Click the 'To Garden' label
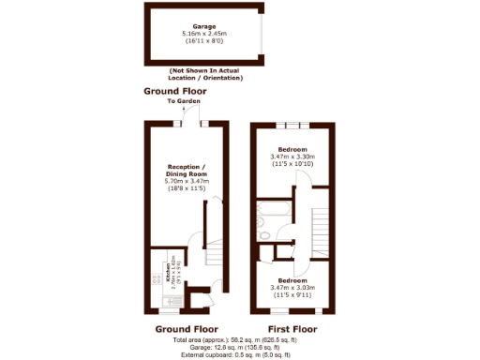(x=179, y=100)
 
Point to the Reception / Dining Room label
(x=178, y=169)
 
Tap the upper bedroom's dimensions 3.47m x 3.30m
(x=292, y=156)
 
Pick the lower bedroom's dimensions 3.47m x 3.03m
(x=292, y=287)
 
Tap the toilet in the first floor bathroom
(x=267, y=235)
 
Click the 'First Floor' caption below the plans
(x=292, y=329)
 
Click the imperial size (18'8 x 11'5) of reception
(x=178, y=188)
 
